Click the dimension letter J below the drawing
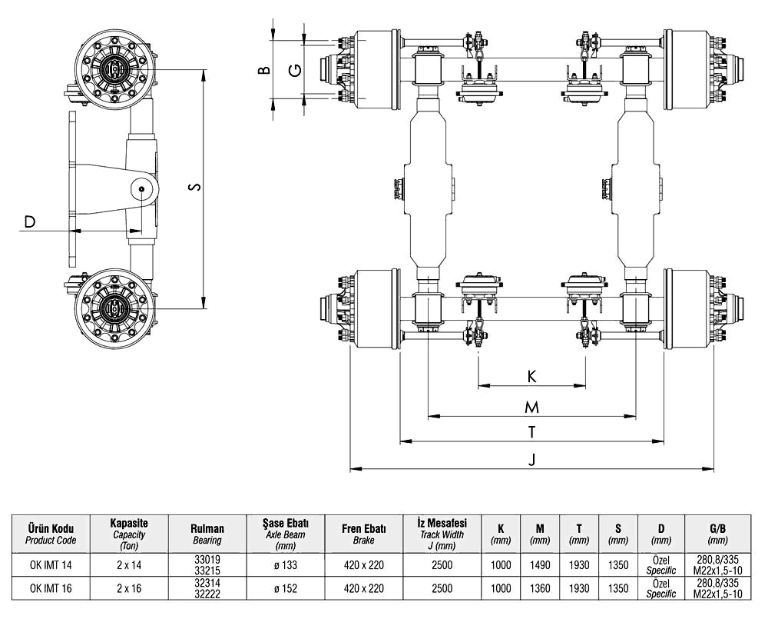point(531,459)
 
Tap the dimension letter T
point(531,432)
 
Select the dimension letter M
point(531,407)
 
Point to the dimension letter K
point(531,376)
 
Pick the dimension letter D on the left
point(29,223)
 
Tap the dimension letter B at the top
point(263,71)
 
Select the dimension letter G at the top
point(293,71)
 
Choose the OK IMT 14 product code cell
point(51,565)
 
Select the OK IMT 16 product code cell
point(51,589)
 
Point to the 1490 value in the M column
point(540,565)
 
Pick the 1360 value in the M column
point(540,589)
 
